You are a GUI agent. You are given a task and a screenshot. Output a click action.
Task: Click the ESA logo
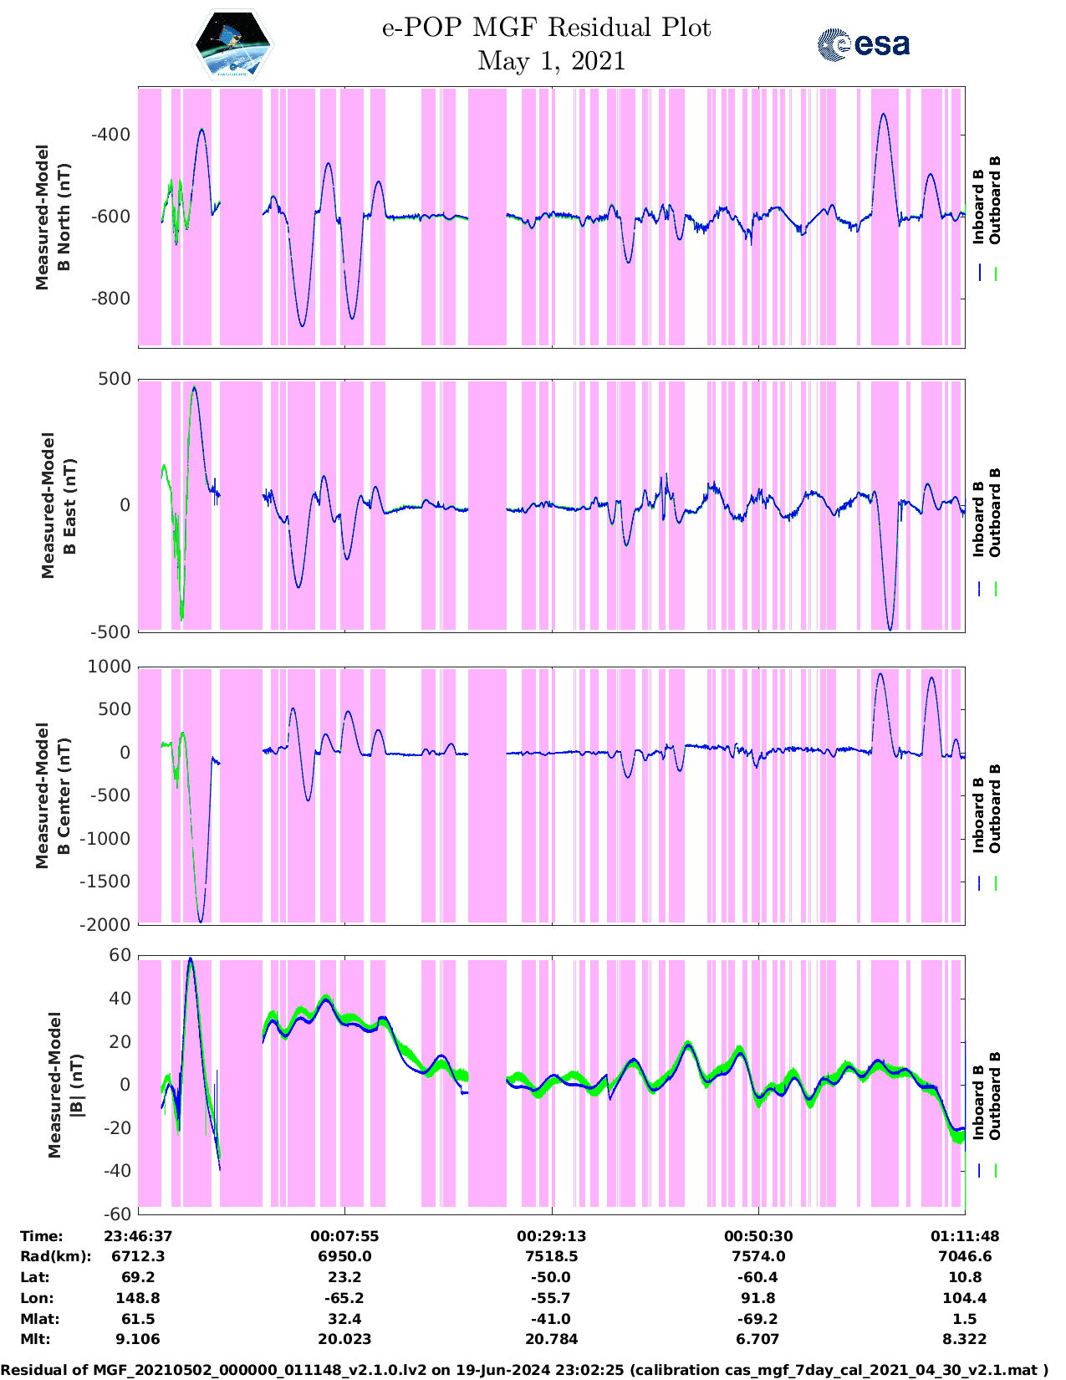click(x=863, y=44)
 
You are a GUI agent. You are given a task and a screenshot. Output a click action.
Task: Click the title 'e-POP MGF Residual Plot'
click(x=546, y=28)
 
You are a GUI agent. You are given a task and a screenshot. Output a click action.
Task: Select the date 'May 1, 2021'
click(x=551, y=61)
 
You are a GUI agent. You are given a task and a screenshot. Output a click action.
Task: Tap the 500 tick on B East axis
click(x=115, y=379)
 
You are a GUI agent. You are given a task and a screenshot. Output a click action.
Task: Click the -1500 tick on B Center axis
click(x=105, y=882)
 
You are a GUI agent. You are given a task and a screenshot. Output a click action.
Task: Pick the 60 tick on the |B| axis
click(x=120, y=955)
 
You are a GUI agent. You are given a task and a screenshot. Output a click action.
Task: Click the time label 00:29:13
click(x=551, y=1236)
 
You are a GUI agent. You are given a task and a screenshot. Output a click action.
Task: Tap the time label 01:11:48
click(x=965, y=1236)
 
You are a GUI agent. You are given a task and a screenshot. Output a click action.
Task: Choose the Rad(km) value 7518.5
click(x=551, y=1256)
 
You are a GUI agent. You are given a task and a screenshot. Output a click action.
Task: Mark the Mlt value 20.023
click(x=344, y=1339)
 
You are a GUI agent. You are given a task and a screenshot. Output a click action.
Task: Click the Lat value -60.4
click(x=758, y=1277)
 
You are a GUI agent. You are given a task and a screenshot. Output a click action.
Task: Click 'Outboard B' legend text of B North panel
click(x=995, y=200)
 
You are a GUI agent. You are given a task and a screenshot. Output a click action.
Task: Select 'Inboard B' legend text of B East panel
click(x=979, y=519)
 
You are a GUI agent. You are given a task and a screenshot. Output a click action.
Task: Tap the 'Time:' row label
click(x=42, y=1236)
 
